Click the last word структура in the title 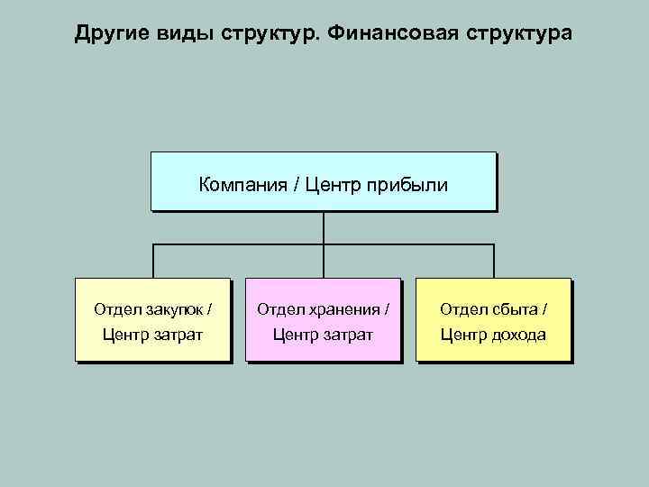pyautogui.click(x=514, y=34)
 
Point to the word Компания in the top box pyautogui.click(x=240, y=186)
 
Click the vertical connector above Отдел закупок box pyautogui.click(x=152, y=261)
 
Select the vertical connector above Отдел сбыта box pyautogui.click(x=494, y=261)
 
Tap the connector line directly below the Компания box pyautogui.click(x=324, y=227)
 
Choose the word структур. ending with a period pyautogui.click(x=272, y=34)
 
